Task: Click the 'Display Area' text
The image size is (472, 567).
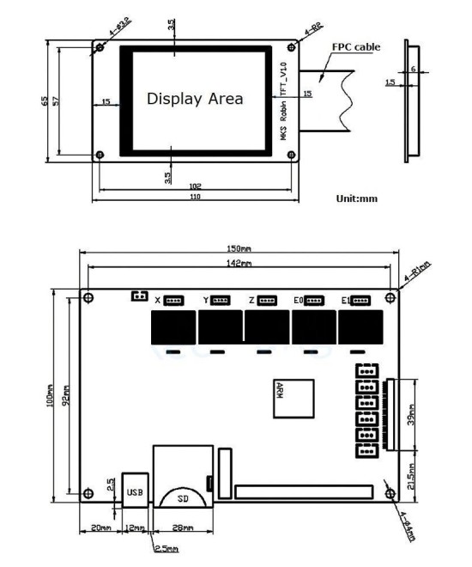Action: pos(195,99)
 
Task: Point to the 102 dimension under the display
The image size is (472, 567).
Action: pos(195,183)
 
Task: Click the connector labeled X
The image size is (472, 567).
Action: pos(174,300)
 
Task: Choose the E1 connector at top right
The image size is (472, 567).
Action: pos(359,300)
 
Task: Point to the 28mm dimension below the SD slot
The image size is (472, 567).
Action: pos(182,527)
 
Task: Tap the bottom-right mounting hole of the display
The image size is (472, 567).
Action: pos(291,155)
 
